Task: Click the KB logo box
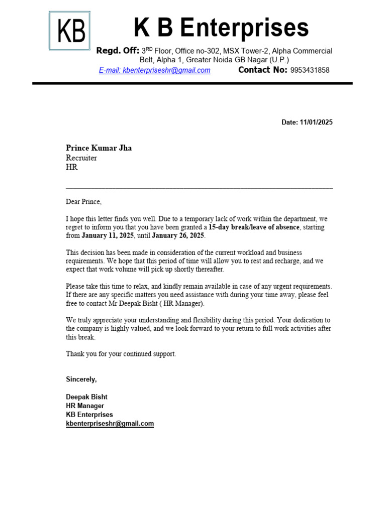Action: pyautogui.click(x=69, y=31)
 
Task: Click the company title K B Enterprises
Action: pyautogui.click(x=221, y=28)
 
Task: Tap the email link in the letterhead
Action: pyautogui.click(x=154, y=70)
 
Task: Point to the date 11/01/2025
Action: pyautogui.click(x=316, y=122)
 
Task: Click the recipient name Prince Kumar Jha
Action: pyautogui.click(x=99, y=148)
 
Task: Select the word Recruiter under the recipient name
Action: pyautogui.click(x=81, y=158)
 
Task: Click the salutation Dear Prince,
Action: pyautogui.click(x=83, y=202)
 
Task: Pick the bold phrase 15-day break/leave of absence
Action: pyautogui.click(x=254, y=227)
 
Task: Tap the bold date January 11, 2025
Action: pyautogui.click(x=108, y=236)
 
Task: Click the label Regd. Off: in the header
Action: pyautogui.click(x=118, y=51)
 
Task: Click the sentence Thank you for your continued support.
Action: pyautogui.click(x=121, y=354)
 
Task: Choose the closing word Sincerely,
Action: pyautogui.click(x=81, y=379)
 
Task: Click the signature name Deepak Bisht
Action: pyautogui.click(x=86, y=397)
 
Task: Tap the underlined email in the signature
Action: pyautogui.click(x=110, y=424)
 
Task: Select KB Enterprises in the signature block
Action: pyautogui.click(x=89, y=415)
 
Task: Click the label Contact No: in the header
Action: pyautogui.click(x=262, y=70)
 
